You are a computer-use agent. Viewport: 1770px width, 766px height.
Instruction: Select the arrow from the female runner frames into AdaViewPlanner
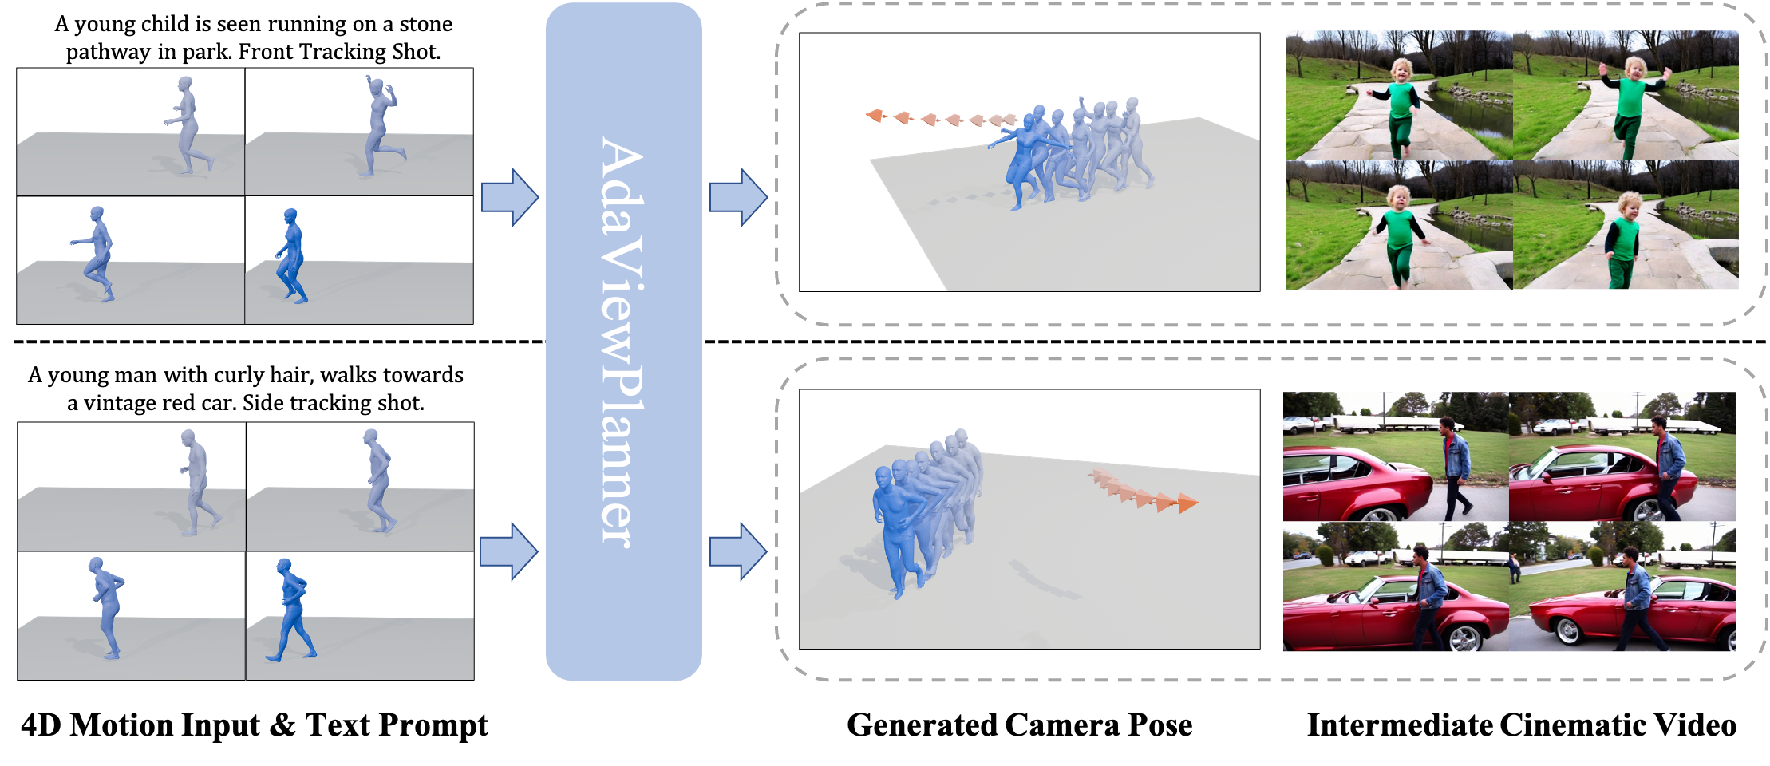(509, 197)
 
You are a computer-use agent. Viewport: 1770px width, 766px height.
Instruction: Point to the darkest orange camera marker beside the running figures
(876, 116)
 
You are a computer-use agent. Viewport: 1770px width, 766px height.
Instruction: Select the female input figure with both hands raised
(379, 128)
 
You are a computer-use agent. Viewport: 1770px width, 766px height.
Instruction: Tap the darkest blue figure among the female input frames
(292, 255)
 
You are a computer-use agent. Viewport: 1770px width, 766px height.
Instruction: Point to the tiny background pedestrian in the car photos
(1515, 568)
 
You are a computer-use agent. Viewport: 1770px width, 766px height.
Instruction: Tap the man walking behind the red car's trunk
(1456, 471)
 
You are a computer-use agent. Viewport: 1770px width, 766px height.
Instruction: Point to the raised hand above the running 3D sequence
(1081, 101)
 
